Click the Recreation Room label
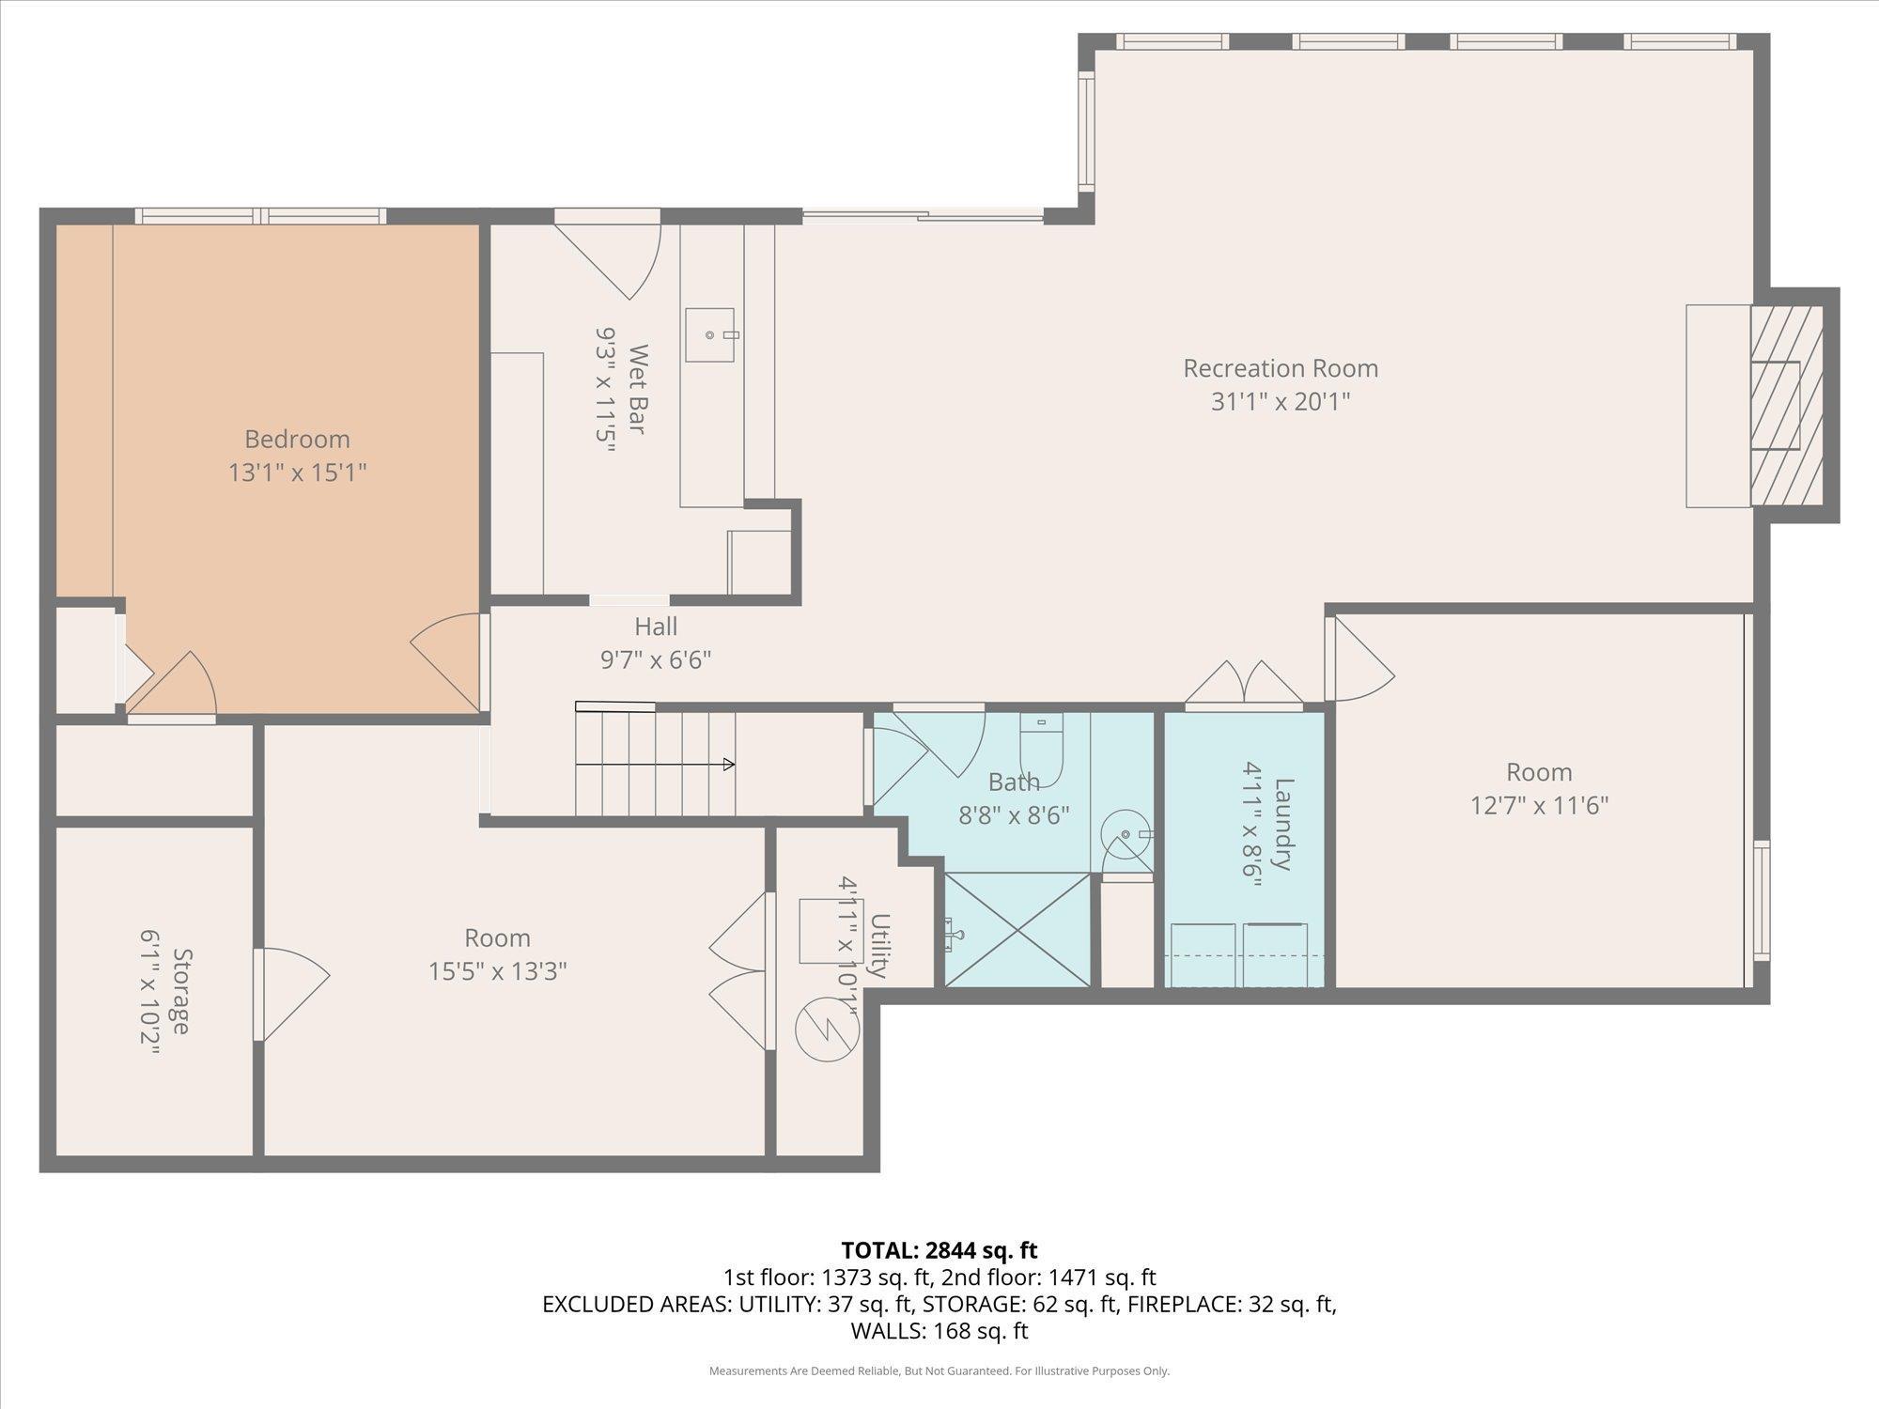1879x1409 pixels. (1280, 368)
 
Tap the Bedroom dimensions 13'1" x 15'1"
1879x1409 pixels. (297, 472)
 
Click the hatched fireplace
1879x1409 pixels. (1786, 405)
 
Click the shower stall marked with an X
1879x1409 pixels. (1017, 930)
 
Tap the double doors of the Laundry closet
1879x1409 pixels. (1243, 684)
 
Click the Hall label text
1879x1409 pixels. (655, 627)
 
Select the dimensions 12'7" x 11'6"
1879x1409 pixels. (1539, 805)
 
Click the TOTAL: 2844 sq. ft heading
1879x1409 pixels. (939, 1250)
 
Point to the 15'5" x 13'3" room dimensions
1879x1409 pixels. (497, 970)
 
